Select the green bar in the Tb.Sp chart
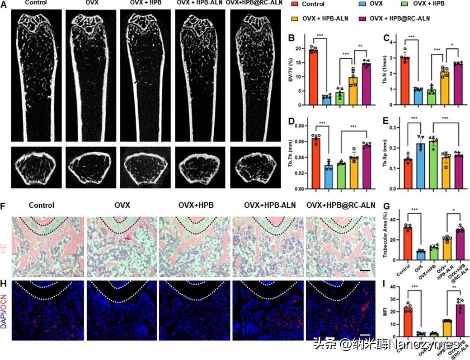[x=433, y=164]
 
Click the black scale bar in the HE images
[x=366, y=271]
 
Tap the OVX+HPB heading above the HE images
[x=195, y=205]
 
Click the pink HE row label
[x=5, y=246]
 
